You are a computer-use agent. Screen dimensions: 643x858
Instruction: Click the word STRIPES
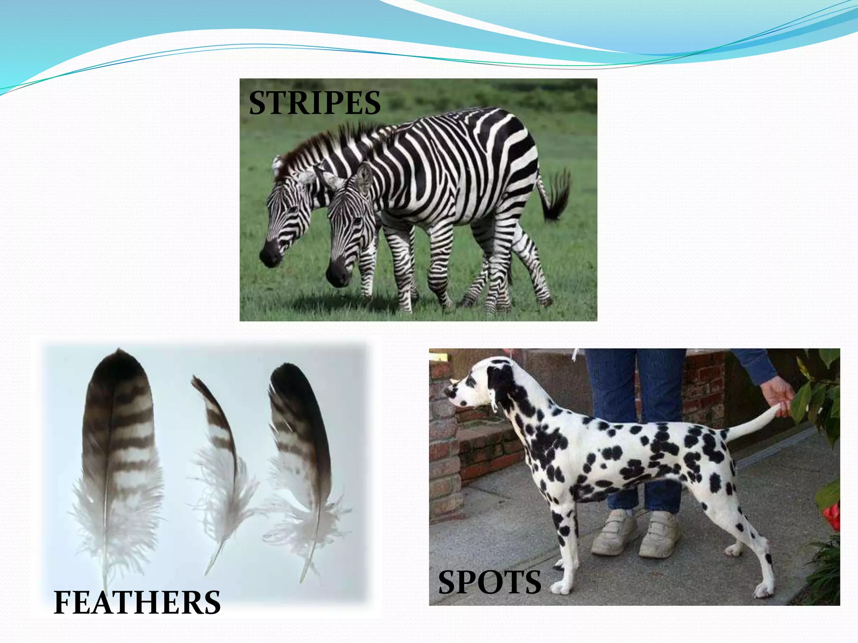[x=315, y=103]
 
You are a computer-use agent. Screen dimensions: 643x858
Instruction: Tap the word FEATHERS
[x=137, y=602]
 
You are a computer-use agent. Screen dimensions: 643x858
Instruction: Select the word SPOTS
[x=489, y=582]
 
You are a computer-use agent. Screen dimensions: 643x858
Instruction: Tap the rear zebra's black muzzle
[x=270, y=254]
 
